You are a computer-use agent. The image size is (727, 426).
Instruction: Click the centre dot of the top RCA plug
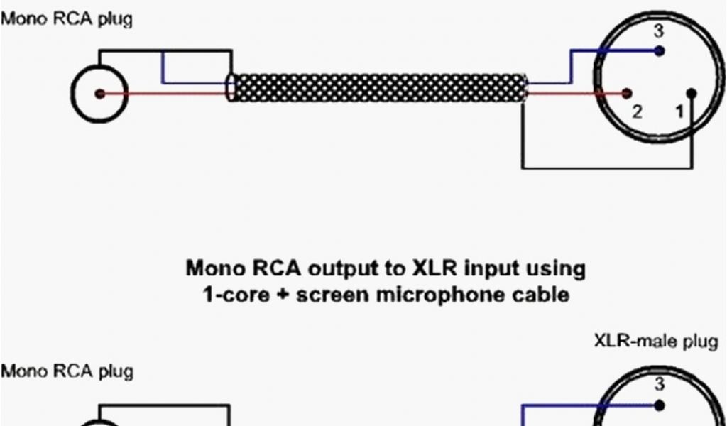pos(100,94)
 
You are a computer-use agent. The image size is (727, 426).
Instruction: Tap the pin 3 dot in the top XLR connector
pos(660,51)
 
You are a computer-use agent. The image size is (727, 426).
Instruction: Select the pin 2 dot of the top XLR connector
pos(627,93)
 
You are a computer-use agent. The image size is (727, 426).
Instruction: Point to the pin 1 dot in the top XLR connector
pos(692,93)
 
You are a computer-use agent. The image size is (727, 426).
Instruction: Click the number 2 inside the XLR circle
pos(637,111)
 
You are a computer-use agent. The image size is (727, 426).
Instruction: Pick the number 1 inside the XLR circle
pos(679,111)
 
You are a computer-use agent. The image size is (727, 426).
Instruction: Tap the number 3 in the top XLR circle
pos(659,31)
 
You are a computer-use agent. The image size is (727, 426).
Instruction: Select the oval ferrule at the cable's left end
pos(231,89)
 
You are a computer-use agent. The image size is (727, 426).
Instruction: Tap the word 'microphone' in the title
pos(443,294)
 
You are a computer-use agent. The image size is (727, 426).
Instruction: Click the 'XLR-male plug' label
pos(655,342)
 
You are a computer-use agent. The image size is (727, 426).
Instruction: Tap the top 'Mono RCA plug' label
pos(66,19)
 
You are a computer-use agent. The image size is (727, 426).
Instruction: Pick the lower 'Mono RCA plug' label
pos(66,371)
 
